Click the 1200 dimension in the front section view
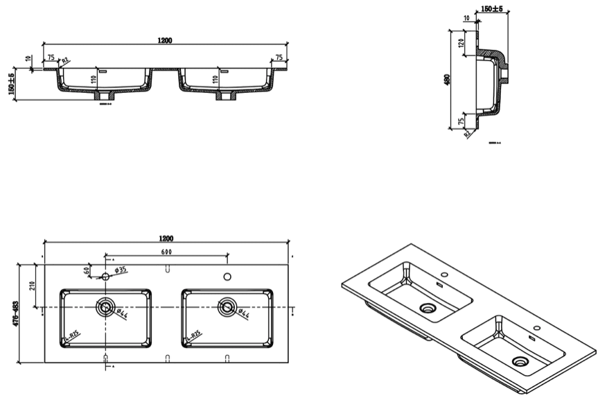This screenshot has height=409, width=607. click(165, 40)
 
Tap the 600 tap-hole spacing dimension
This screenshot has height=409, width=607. click(166, 252)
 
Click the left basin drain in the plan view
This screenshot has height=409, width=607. click(105, 306)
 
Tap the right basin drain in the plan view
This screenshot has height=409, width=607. click(227, 306)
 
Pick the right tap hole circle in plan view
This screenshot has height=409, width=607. click(227, 277)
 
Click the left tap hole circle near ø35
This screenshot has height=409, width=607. click(105, 277)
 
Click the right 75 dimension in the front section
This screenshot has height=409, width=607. click(279, 58)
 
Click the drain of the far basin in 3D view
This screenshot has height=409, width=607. click(428, 307)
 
